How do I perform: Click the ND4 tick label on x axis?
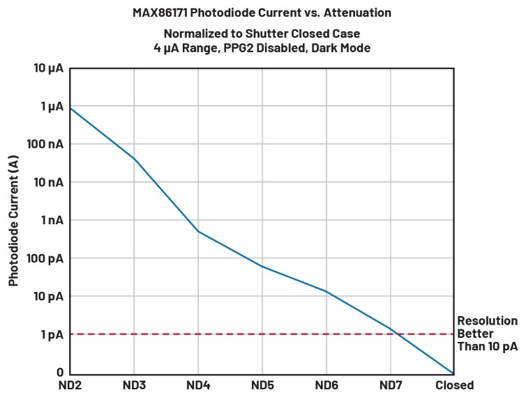click(198, 385)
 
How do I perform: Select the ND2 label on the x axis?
click(70, 385)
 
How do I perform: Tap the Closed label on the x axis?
click(454, 385)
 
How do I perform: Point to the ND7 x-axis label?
click(390, 385)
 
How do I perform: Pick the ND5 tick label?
click(262, 385)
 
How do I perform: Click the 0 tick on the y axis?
click(59, 373)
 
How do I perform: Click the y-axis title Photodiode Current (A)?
click(13, 220)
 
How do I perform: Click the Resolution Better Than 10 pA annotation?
click(487, 334)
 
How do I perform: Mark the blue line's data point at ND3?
click(134, 159)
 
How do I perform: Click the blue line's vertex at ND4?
click(198, 231)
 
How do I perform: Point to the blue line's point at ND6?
click(326, 291)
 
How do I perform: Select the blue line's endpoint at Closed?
click(454, 373)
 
